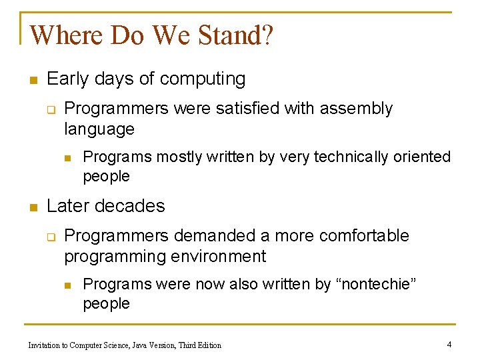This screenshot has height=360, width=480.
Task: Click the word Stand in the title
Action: (x=225, y=35)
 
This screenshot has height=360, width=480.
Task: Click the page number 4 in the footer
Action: (x=449, y=345)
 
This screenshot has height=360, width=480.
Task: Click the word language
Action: (x=99, y=129)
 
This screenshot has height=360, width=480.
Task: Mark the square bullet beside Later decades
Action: (x=31, y=207)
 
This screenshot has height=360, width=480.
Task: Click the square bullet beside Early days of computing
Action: (x=31, y=80)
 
